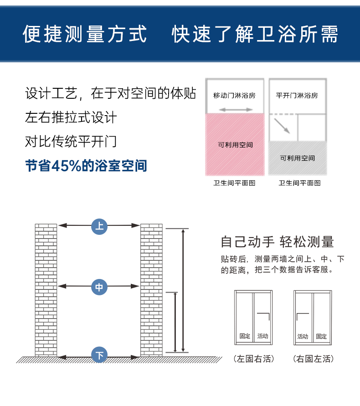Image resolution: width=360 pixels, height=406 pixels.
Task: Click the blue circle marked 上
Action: pos(99,226)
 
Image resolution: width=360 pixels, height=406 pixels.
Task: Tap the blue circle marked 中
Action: pos(99,287)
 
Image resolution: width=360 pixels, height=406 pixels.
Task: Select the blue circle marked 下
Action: pos(99,355)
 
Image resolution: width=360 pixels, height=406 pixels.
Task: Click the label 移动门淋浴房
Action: pos(234,96)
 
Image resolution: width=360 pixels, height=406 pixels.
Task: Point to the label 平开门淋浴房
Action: pos(297,96)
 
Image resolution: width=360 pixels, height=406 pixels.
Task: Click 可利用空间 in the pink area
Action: pos(235,145)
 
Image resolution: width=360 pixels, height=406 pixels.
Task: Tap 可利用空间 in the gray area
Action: pos(297,158)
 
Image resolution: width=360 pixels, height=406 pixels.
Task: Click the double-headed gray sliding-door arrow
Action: pos(236,110)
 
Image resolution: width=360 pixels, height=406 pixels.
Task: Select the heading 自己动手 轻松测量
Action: pos(277,242)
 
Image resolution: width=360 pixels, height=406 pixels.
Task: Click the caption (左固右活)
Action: pos(254,359)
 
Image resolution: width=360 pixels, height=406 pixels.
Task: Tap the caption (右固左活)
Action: pos(313,359)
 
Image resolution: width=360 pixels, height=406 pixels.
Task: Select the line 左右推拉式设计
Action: pos(71,117)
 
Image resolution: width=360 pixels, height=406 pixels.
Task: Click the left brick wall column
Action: pos(46,289)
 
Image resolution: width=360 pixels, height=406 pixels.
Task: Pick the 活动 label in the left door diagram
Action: pos(262,336)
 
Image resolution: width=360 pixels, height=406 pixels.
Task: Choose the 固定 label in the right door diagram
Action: pos(322,336)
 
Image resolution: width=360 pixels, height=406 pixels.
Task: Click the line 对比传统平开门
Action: pos(71,141)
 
